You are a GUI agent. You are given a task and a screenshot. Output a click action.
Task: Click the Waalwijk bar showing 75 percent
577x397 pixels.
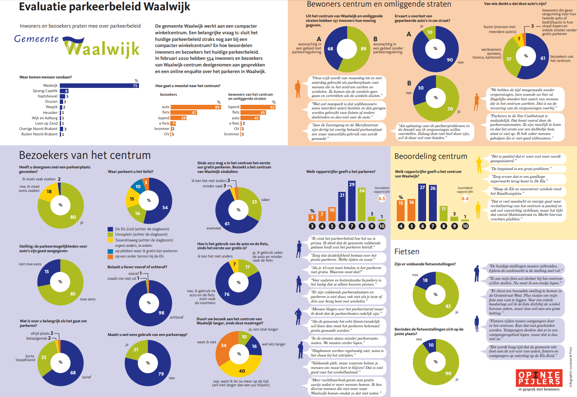pos(99,86)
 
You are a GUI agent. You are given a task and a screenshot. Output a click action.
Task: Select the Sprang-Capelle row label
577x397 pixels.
pos(45,91)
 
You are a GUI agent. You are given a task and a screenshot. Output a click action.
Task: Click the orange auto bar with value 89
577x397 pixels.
pos(195,107)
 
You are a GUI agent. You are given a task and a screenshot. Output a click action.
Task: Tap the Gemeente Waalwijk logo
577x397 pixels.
pos(77,46)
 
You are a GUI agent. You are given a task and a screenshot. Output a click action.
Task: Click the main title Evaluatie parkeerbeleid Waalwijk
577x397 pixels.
pos(105,7)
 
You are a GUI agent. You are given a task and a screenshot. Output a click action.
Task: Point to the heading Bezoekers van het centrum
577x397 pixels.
pos(85,155)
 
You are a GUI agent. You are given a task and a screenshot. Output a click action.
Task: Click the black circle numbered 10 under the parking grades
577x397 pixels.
pos(382,226)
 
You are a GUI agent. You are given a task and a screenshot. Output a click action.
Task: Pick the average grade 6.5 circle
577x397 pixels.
pos(382,198)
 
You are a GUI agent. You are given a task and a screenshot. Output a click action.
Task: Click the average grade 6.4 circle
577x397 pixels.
pos(465,198)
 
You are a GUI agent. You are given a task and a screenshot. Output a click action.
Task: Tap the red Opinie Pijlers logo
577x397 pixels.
pos(539,378)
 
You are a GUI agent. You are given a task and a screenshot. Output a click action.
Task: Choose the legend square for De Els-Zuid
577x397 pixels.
pos(110,229)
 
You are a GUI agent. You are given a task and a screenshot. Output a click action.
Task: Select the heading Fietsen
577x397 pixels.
pos(407,252)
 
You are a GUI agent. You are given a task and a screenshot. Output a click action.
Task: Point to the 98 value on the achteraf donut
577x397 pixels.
pos(161,313)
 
